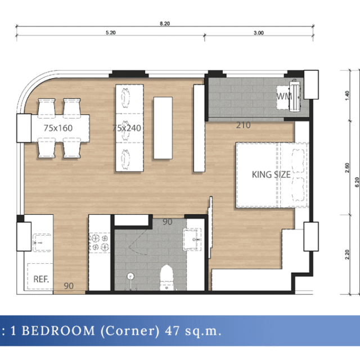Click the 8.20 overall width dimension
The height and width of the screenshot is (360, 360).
165,24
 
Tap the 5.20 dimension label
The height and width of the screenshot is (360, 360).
111,33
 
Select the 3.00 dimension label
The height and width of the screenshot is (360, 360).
259,33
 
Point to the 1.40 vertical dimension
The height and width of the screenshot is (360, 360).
347,96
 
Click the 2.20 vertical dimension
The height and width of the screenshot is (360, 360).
347,254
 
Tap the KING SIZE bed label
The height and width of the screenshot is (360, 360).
271,175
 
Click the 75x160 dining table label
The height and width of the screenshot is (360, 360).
58,128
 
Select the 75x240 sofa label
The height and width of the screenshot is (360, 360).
127,128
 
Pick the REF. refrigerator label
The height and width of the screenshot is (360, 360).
41,279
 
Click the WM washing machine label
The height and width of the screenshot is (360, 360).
284,96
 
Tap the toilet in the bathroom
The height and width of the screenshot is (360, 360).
166,277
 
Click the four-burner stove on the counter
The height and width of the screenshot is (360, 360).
100,242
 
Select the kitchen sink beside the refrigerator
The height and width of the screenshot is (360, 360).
42,242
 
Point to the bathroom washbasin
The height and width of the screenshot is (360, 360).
192,239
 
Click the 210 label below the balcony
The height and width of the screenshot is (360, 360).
244,125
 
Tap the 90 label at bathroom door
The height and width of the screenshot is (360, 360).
168,222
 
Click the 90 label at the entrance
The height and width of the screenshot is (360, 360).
69,286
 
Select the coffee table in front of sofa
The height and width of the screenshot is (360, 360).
163,128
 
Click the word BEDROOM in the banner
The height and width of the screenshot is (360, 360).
58,331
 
